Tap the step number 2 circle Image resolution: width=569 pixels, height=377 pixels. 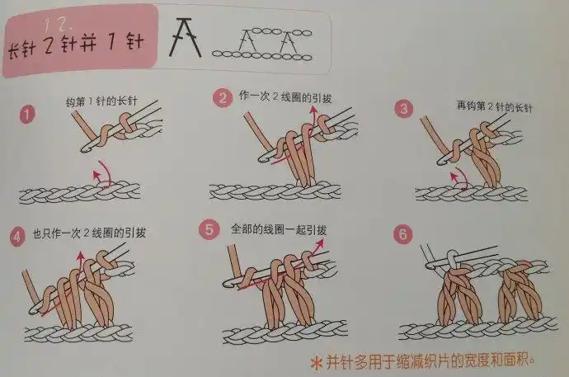click(x=222, y=99)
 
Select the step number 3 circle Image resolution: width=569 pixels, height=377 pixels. click(x=403, y=109)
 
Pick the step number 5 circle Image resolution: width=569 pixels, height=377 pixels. click(x=210, y=229)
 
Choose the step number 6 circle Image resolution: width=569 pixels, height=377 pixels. click(x=402, y=234)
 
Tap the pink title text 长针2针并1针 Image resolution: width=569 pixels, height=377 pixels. click(x=73, y=42)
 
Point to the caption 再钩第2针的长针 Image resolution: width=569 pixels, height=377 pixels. click(x=491, y=106)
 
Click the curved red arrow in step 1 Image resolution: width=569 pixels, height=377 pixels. click(x=103, y=172)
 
